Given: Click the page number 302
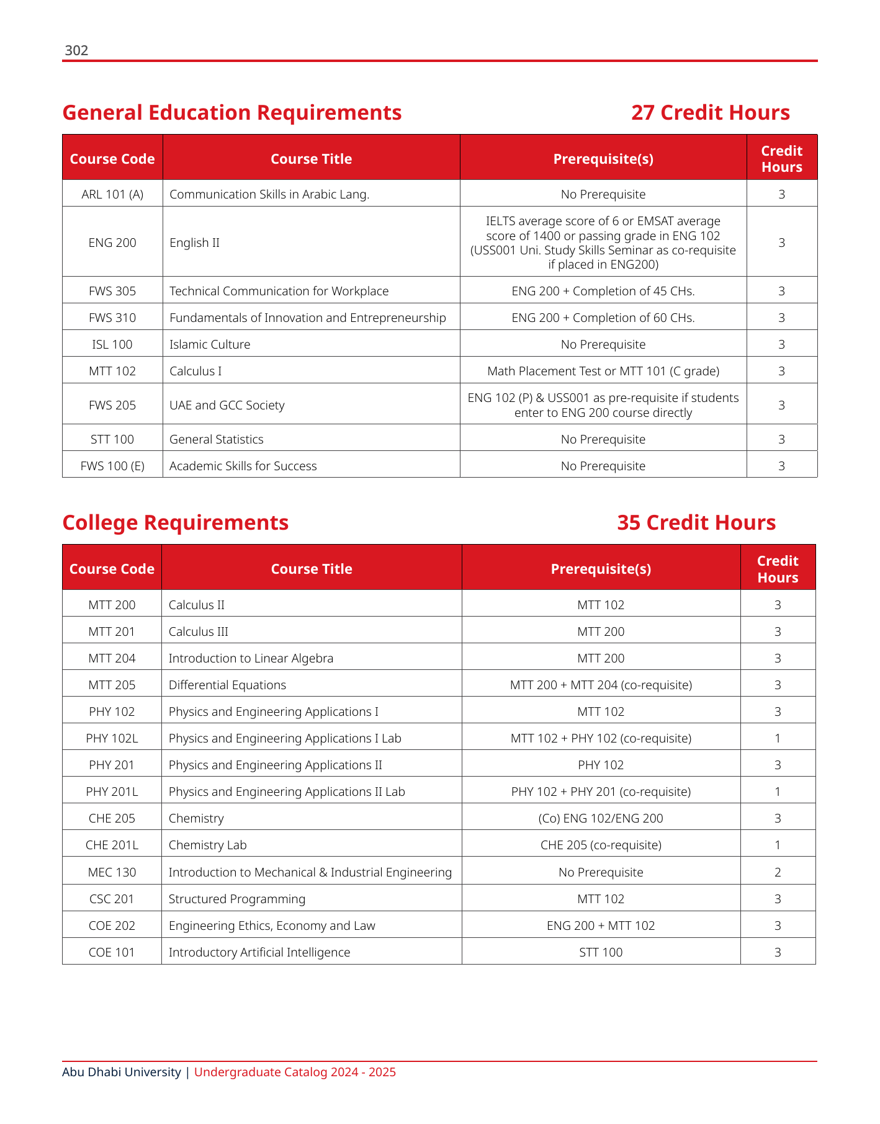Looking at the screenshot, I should coord(76,51).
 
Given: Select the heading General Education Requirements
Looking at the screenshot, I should coord(232,113).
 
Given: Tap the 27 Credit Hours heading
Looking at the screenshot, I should coord(710,113).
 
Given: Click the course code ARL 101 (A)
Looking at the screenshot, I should coord(112,195).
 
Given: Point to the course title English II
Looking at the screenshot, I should coord(194,243).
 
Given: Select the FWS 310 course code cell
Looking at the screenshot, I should coord(112,318).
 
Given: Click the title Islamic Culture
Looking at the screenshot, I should coord(210,345).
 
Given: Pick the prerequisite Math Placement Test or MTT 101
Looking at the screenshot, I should coord(603,372).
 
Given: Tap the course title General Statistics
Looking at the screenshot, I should coord(216,440).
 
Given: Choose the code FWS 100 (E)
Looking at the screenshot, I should coord(112,466).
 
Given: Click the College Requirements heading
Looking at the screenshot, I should coord(176,523).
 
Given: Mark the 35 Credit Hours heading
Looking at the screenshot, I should coord(696,523).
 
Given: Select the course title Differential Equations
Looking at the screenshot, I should coord(227,685).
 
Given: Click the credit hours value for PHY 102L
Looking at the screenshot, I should coord(778,739).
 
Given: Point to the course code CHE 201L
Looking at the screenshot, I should coord(112,845).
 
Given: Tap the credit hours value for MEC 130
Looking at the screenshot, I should coord(778,873).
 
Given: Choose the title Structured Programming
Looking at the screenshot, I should coord(237,899).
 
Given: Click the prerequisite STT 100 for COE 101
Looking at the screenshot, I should coord(601,953).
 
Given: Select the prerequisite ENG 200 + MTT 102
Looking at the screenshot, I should coord(601,926).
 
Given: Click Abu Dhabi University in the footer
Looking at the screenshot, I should coord(122,1073).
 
